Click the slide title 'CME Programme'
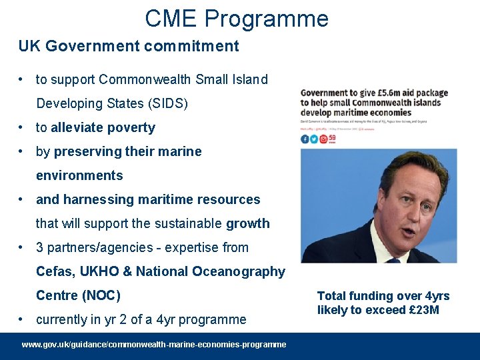coord(237,18)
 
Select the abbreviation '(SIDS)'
coord(167,103)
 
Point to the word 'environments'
coord(79,175)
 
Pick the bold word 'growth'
coord(248,223)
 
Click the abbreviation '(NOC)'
coord(101,295)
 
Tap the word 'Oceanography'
coord(239,271)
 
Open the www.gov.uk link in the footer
coord(154,345)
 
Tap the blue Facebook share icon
coord(305,139)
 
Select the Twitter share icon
coord(314,139)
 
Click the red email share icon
coord(323,139)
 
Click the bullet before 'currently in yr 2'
coord(23,319)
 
